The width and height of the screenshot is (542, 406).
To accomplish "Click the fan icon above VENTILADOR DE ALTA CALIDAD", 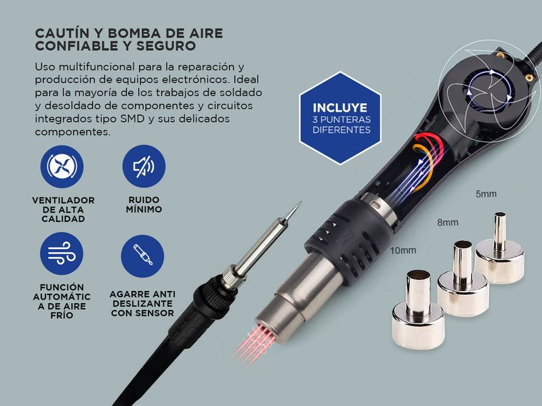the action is (x=62, y=166).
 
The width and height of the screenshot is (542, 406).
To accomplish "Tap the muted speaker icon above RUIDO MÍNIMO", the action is (x=144, y=166).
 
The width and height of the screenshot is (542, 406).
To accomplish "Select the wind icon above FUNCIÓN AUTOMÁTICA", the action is (x=62, y=253).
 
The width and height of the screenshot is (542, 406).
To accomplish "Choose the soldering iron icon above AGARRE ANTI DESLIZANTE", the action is (x=142, y=256).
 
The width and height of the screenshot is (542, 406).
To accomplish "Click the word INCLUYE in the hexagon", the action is (x=340, y=108).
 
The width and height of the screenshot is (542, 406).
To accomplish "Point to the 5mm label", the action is (x=486, y=194).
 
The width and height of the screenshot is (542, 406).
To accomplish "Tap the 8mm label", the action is (x=448, y=223).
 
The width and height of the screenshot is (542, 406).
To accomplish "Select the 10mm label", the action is (x=403, y=250).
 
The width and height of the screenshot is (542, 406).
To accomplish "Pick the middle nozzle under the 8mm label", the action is (x=463, y=279).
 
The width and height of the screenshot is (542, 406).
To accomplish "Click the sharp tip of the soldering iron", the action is (x=300, y=202).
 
